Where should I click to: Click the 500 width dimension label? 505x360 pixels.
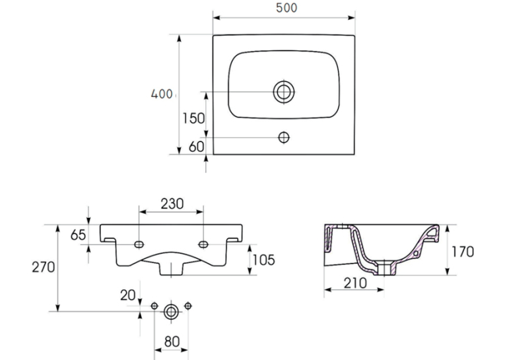(x=286, y=8)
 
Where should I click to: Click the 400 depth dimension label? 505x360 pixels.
(x=162, y=94)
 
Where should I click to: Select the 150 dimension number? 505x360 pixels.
(x=193, y=118)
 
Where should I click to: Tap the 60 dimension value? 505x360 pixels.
(x=196, y=147)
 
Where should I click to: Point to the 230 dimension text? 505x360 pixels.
(x=172, y=203)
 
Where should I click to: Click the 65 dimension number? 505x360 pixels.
(x=79, y=235)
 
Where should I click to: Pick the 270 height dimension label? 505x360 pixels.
(x=44, y=267)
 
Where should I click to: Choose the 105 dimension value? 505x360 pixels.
(x=264, y=260)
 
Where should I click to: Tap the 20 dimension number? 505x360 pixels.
(x=128, y=295)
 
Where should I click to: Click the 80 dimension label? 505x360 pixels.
(x=172, y=342)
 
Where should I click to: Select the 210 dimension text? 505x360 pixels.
(x=355, y=283)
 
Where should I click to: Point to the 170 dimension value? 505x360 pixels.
(x=463, y=252)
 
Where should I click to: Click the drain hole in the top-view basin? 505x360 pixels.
(x=284, y=92)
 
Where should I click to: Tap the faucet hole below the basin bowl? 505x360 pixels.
(x=284, y=137)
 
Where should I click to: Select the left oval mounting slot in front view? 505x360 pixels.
(x=139, y=244)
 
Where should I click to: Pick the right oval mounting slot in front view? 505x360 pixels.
(x=203, y=244)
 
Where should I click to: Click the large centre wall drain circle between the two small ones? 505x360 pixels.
(x=171, y=312)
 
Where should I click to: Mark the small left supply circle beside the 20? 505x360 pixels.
(x=154, y=306)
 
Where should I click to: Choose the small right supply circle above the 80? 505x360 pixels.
(x=187, y=306)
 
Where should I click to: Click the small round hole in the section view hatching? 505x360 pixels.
(x=415, y=254)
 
